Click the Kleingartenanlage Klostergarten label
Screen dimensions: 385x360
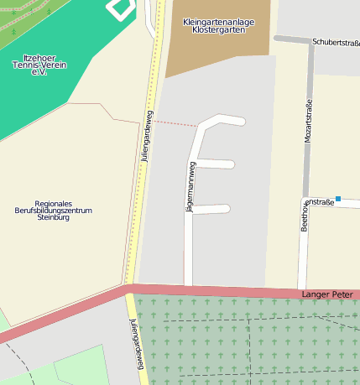[x=217, y=25]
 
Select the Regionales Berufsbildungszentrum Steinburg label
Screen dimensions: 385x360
[x=53, y=210]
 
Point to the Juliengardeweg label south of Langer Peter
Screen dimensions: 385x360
[x=137, y=343]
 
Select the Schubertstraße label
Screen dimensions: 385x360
[x=335, y=42]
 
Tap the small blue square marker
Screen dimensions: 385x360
[x=338, y=199]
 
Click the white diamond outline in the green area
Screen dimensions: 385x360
[x=121, y=8]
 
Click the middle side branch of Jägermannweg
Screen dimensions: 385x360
[x=216, y=164]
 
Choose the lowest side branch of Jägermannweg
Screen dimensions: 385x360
[x=211, y=209]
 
